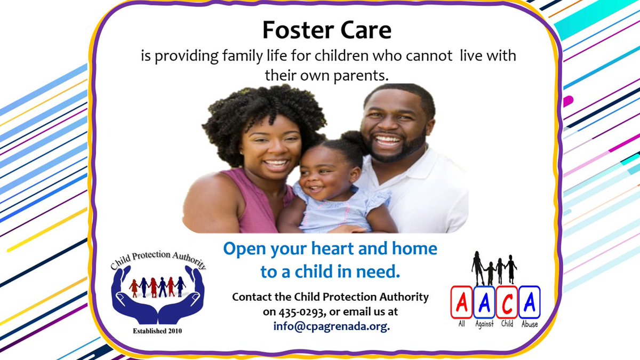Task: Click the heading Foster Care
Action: point(327,31)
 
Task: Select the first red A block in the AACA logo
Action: point(461,302)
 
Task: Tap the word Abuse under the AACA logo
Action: point(530,324)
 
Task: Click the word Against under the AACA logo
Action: point(484,324)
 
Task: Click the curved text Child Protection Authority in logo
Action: point(157,260)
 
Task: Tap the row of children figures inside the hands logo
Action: point(157,286)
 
